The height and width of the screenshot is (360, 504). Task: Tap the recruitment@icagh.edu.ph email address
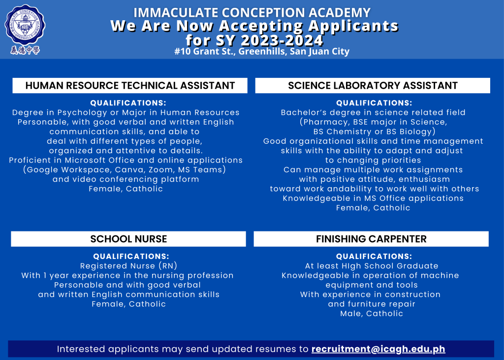coord(378,349)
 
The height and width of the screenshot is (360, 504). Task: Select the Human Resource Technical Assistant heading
coord(130,86)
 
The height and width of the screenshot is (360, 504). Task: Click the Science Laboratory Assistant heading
coord(373,86)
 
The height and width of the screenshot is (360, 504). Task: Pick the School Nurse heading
coord(128,239)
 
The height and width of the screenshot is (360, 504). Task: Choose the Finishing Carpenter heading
coord(371,239)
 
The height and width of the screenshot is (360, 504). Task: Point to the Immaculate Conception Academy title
coord(252,12)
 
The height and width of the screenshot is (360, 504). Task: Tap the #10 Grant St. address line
coord(261,52)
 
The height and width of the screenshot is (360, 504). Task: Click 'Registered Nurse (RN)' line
coord(128,266)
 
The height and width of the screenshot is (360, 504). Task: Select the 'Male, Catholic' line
coord(372,314)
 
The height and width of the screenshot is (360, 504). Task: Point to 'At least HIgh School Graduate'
coord(372,266)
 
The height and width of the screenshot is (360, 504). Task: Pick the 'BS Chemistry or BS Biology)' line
coord(374,131)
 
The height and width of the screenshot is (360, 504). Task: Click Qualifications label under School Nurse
coord(131,256)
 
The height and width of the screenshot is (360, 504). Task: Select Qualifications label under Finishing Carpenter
coord(374,256)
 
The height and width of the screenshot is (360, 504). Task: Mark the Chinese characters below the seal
coord(25,50)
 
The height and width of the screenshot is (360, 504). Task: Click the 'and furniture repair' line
coord(372,304)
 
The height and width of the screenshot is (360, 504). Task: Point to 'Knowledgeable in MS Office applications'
coord(373,198)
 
